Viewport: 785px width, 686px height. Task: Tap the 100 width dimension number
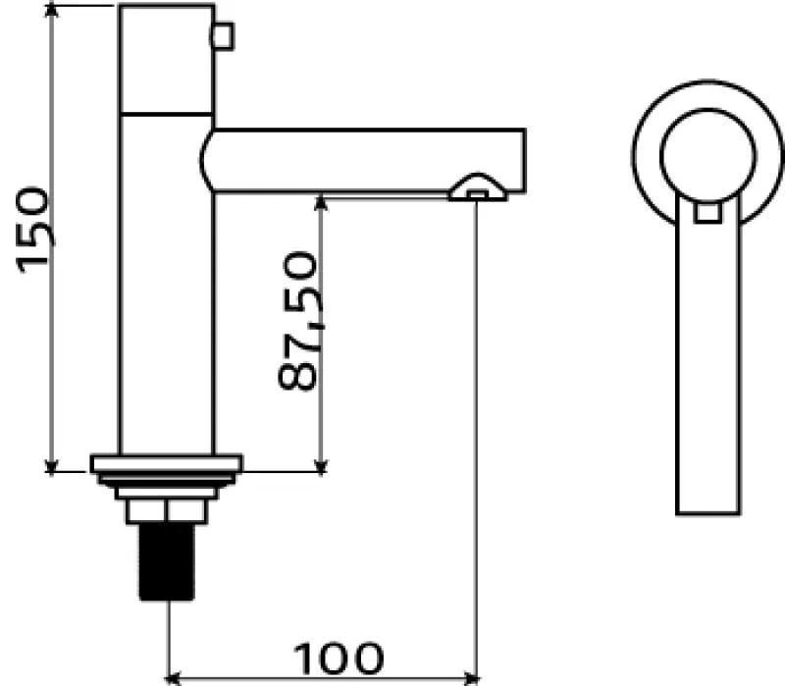[339, 658]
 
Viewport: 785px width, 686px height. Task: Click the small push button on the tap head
[224, 36]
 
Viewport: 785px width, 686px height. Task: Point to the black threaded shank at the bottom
[167, 561]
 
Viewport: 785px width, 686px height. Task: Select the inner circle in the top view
[707, 156]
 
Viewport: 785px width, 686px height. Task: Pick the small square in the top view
[707, 212]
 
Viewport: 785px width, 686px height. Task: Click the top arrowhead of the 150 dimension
[51, 9]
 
